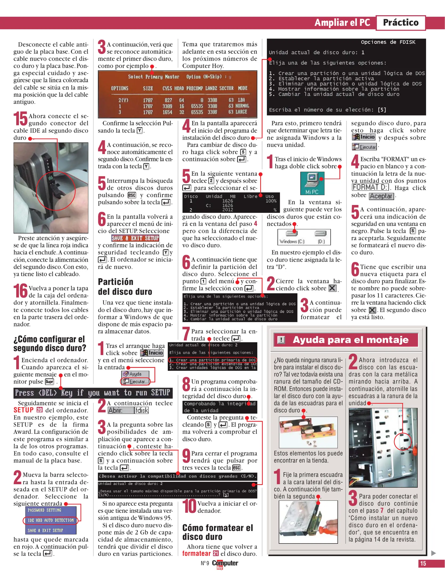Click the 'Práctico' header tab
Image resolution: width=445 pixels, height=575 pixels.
coord(401,23)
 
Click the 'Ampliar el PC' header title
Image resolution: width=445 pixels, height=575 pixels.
coord(342,23)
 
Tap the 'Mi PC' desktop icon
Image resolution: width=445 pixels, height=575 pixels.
coord(312,183)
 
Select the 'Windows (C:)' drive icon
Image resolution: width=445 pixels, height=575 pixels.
coord(292,237)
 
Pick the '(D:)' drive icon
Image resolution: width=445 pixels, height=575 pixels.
coord(321,237)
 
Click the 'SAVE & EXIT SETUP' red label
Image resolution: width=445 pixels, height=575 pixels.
coord(135,238)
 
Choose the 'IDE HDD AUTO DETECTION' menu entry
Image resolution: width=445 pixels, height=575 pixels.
coord(51,520)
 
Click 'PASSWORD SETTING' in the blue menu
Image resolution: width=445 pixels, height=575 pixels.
coord(44,510)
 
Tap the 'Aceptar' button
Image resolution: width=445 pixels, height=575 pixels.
coord(381,196)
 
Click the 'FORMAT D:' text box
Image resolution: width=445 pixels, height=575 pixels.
coord(370,187)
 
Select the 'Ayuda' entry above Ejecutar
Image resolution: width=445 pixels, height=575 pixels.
coord(135,374)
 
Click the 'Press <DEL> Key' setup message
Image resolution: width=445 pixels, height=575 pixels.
coord(93,393)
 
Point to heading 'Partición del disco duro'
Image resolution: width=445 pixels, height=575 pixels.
coord(125,287)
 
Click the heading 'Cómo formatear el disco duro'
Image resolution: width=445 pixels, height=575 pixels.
coord(218,532)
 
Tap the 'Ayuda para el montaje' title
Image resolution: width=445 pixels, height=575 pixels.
coord(350,340)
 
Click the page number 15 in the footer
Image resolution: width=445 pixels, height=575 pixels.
coord(423,563)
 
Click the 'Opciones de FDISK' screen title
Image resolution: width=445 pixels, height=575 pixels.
coord(388,42)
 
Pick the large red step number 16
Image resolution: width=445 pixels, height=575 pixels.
coord(21,291)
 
